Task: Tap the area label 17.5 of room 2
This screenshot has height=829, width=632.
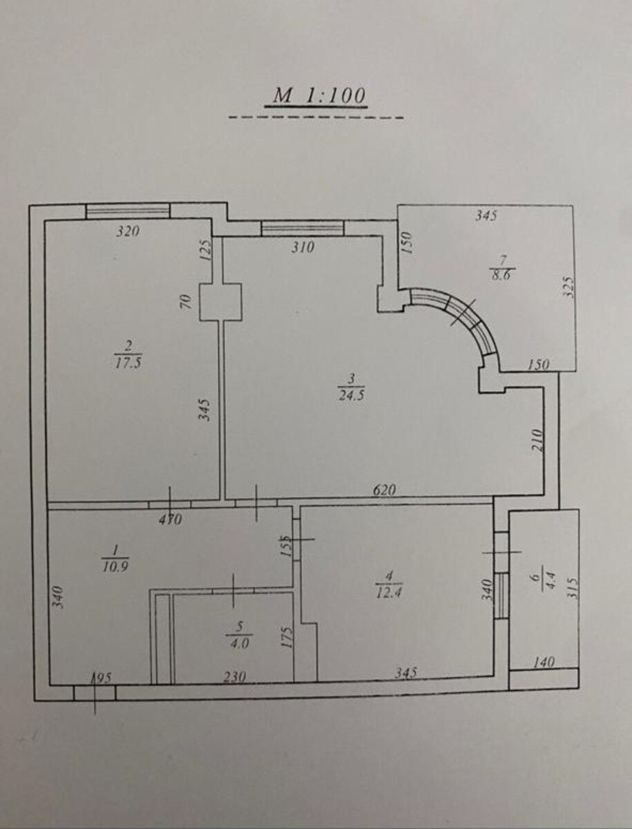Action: click(x=128, y=363)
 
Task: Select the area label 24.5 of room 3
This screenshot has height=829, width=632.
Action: click(x=352, y=396)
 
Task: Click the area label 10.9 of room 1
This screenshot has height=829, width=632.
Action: click(x=115, y=566)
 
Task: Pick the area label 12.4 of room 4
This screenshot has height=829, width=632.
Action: click(x=389, y=591)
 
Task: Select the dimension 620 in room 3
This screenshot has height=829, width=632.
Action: click(x=384, y=490)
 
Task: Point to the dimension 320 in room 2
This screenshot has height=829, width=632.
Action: click(x=128, y=231)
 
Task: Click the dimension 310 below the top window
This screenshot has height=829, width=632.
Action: click(x=303, y=247)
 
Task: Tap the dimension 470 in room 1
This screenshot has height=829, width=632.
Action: click(x=170, y=520)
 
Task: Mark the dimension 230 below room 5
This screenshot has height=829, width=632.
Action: click(x=234, y=675)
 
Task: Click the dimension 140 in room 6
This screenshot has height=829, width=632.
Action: click(x=544, y=661)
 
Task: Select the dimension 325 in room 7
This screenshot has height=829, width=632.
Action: click(x=569, y=287)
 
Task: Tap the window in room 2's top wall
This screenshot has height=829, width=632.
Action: click(x=128, y=211)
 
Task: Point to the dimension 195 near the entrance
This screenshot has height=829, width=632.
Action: click(x=100, y=678)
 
